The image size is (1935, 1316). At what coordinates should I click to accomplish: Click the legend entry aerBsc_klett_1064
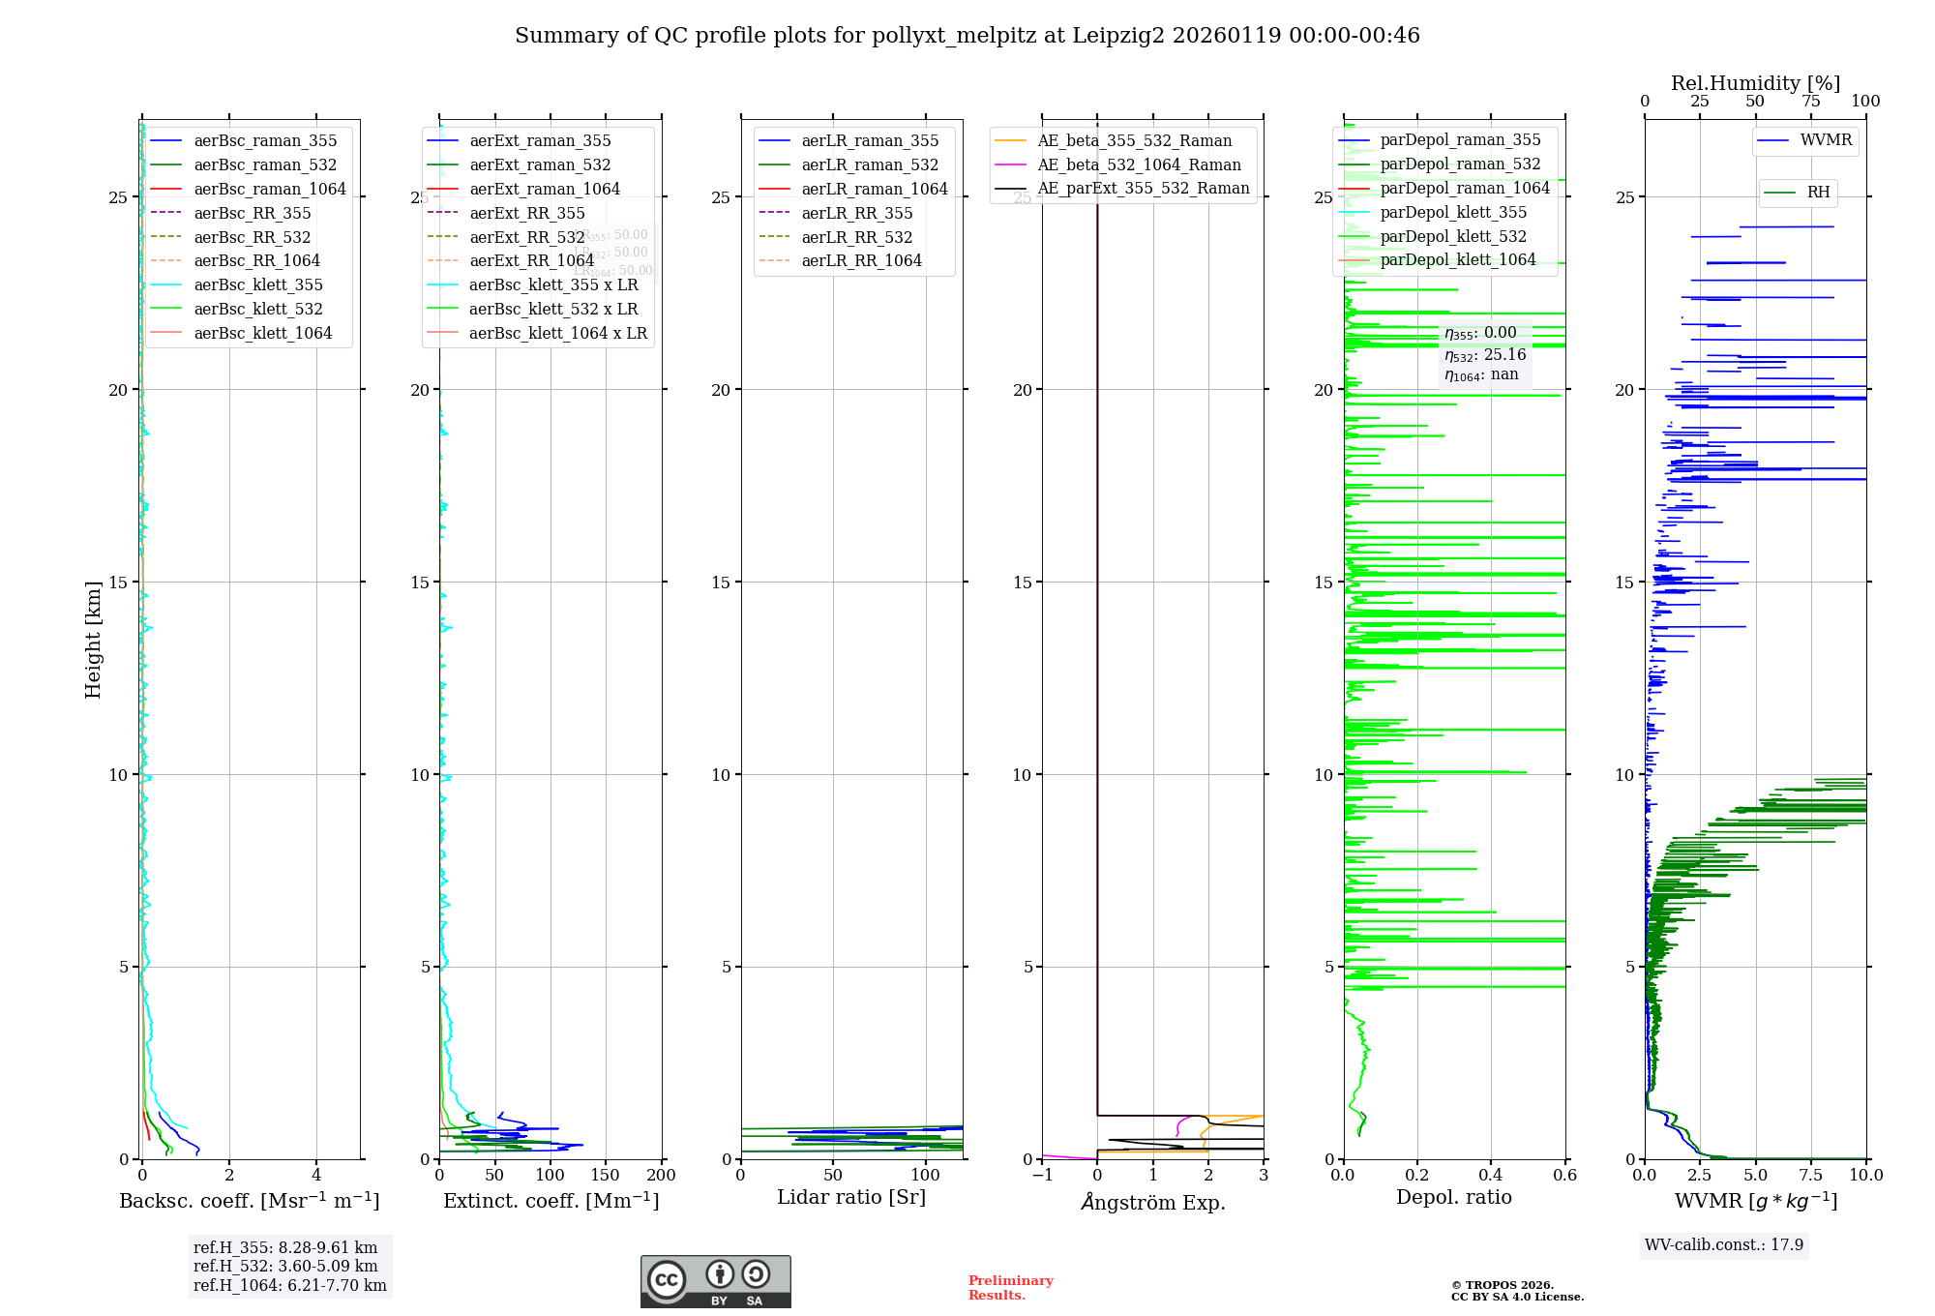pyautogui.click(x=262, y=333)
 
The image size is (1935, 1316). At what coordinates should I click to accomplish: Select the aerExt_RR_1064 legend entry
pyautogui.click(x=531, y=260)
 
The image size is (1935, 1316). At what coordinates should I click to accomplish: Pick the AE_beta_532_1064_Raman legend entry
pyautogui.click(x=1139, y=164)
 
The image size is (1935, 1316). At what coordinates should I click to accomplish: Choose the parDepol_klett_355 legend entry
pyautogui.click(x=1453, y=212)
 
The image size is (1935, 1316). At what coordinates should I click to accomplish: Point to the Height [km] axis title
pyautogui.click(x=93, y=639)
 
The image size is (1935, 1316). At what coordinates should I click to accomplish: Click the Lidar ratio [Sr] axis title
pyautogui.click(x=851, y=1197)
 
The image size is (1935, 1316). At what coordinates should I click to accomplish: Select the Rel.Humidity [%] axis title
pyautogui.click(x=1755, y=83)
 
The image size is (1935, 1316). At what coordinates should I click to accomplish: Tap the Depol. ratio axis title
pyautogui.click(x=1453, y=1197)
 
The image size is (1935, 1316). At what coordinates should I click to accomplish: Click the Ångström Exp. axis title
pyautogui.click(x=1152, y=1202)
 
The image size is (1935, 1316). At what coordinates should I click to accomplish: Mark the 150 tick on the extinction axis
pyautogui.click(x=606, y=1176)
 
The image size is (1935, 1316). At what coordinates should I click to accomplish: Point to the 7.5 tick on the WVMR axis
pyautogui.click(x=1811, y=1176)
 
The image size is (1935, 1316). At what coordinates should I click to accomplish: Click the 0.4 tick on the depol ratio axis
pyautogui.click(x=1491, y=1176)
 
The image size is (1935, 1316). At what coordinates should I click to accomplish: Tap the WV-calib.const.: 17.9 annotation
pyautogui.click(x=1724, y=1244)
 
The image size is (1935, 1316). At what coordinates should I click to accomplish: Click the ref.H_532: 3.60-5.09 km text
pyautogui.click(x=285, y=1266)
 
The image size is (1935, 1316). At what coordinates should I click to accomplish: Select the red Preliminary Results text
pyautogui.click(x=1010, y=1288)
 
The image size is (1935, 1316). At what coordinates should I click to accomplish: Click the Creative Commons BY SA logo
pyautogui.click(x=715, y=1282)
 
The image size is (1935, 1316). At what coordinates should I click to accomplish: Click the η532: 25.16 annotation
pyautogui.click(x=1485, y=355)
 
